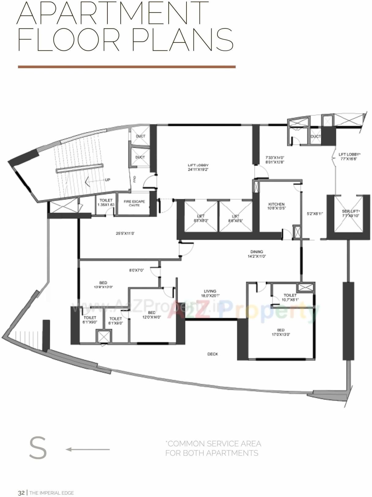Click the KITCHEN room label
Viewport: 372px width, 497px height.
(276, 204)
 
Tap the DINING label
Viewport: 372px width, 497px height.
(257, 252)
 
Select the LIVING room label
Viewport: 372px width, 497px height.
(210, 291)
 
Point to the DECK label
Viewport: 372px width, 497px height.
(212, 354)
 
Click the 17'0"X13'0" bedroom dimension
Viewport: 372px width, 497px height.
(281, 334)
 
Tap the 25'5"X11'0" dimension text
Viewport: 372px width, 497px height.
(125, 234)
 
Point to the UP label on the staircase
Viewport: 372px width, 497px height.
(107, 180)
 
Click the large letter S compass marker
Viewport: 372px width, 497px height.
(38, 448)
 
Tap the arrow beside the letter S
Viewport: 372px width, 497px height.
(88, 449)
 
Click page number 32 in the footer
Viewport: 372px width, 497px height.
(21, 493)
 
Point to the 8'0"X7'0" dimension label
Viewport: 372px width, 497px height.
(136, 270)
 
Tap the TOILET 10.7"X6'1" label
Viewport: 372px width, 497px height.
(290, 297)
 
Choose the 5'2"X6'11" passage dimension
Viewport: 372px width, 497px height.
(315, 214)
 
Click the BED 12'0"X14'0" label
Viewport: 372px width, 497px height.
(152, 315)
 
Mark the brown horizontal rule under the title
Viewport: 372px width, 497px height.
(127, 67)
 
